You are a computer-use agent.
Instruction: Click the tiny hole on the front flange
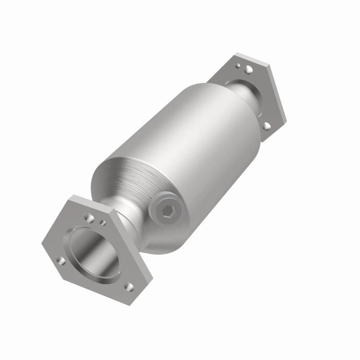point(103,223)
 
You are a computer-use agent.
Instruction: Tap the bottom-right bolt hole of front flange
point(129,286)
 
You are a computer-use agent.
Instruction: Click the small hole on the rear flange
point(238,66)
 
